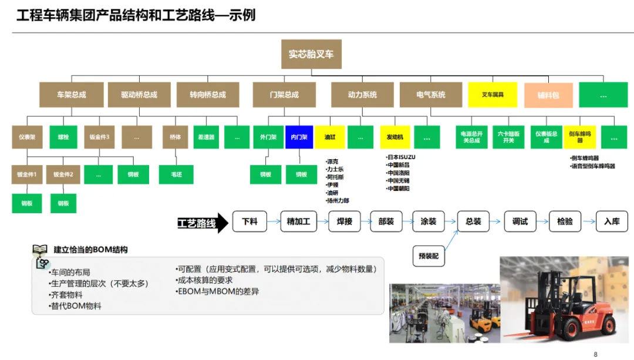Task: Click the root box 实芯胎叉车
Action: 311,54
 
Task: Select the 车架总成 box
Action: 72,95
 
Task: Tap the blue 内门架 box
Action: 299,137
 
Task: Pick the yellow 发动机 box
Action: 394,137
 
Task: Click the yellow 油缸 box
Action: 330,137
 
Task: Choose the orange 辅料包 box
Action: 548,95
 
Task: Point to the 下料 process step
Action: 249,221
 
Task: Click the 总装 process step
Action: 473,221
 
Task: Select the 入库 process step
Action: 612,221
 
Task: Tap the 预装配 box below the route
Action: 429,256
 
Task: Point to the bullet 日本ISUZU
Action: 400,157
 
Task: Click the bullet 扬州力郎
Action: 338,201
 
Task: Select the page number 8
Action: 595,354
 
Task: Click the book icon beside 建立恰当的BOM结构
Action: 40,251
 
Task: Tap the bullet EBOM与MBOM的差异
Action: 217,291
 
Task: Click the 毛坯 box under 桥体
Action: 176,174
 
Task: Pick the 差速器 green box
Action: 205,137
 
